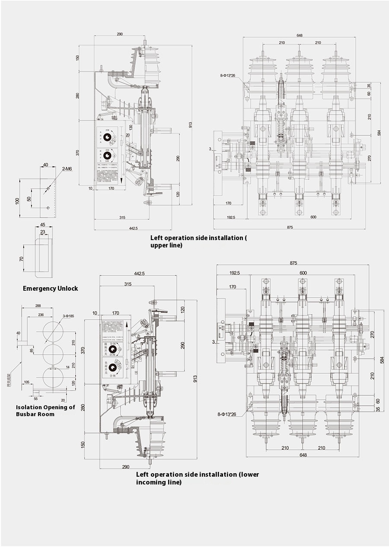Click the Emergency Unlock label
[50, 289]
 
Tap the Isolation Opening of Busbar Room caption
[45, 410]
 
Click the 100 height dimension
[17, 201]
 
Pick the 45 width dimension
[42, 224]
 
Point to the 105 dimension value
[27, 382]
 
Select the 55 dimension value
[35, 398]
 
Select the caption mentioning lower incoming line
[198, 478]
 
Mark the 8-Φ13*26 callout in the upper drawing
[228, 76]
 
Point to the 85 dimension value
[32, 350]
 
